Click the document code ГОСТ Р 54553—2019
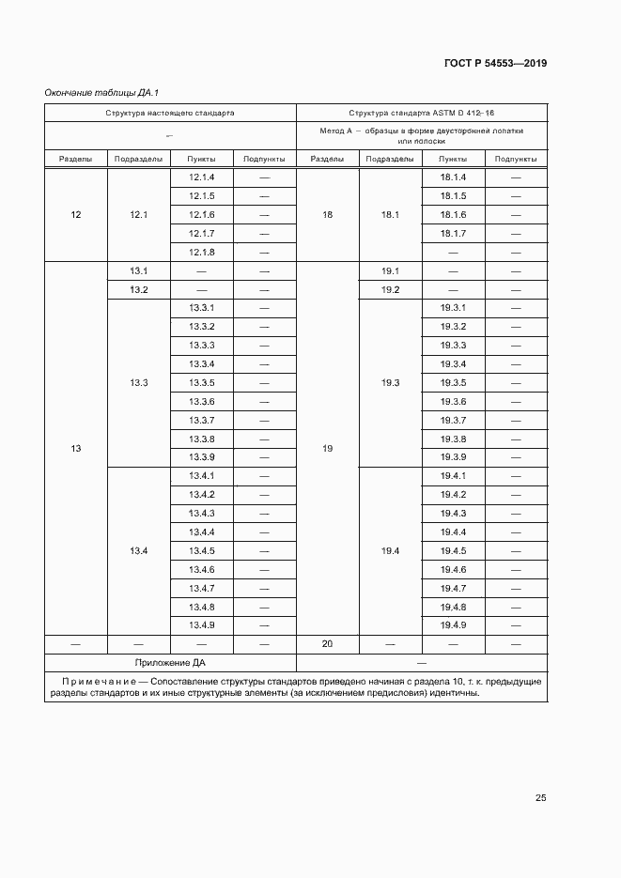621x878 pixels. [495, 64]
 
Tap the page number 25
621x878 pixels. [540, 798]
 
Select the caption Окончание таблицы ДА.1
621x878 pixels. [95, 92]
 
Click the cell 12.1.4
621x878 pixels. [202, 177]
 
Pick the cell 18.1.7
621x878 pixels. [453, 233]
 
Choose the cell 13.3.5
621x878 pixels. [202, 382]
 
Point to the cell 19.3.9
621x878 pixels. [453, 457]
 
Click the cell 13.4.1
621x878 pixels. [202, 476]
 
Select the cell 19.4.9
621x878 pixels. [453, 625]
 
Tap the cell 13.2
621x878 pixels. [139, 289]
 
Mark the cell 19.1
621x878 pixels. [391, 270]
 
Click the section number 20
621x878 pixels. [327, 644]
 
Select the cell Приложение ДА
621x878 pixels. [170, 663]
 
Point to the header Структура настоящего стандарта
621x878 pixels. [169, 112]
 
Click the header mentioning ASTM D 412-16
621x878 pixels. [421, 112]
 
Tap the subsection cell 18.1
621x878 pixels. [391, 215]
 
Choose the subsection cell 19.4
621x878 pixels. [391, 550]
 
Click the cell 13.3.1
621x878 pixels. [202, 308]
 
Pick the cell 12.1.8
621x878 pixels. [202, 252]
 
